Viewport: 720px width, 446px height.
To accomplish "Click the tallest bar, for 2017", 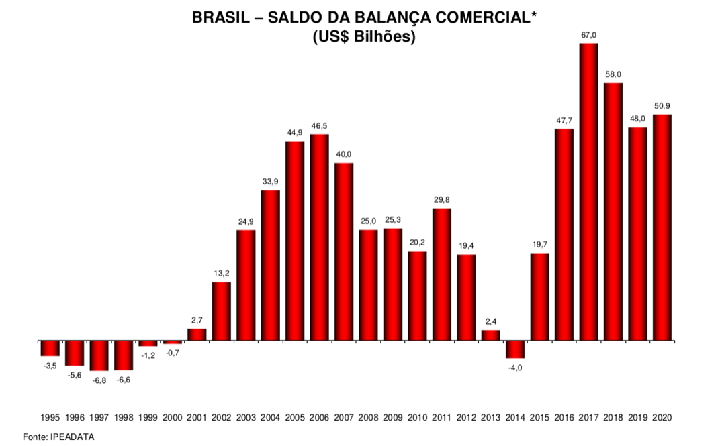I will (588, 191).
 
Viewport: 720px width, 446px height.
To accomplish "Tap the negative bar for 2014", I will (515, 349).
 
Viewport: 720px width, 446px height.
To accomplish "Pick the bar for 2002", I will (222, 311).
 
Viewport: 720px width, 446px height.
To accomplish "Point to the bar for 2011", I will (442, 274).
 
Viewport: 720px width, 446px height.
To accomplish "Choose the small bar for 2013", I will (491, 335).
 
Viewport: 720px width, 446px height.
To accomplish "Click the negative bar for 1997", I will (99, 355).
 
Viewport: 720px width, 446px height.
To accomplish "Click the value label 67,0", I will (589, 34).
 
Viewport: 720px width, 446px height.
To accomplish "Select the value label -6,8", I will (99, 380).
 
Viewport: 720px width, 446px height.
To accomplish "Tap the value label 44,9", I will (295, 132).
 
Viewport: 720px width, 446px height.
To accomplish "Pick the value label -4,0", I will (515, 368).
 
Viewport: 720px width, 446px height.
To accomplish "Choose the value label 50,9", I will (662, 105).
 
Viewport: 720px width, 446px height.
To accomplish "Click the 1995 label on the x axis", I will (50, 417).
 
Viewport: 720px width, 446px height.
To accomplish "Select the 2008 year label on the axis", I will (369, 417).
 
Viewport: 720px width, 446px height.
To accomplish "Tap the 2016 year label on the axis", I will (564, 417).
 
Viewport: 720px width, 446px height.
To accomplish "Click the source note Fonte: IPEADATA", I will (59, 437).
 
